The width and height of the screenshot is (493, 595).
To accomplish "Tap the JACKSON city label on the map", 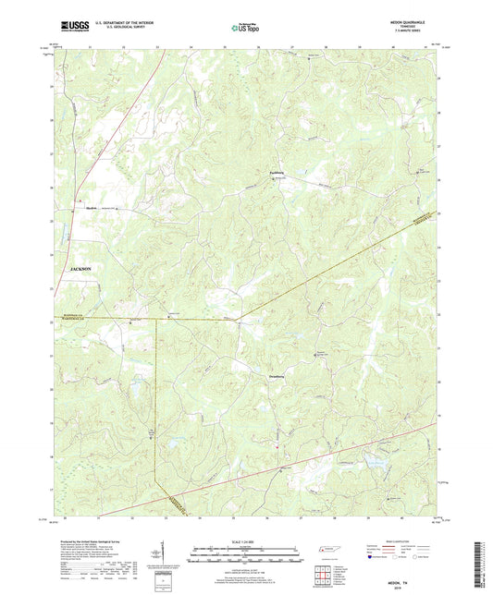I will [81, 267].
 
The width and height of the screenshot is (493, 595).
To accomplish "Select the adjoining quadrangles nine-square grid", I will [325, 575].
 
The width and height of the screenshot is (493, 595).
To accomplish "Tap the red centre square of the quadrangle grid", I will [325, 575].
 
